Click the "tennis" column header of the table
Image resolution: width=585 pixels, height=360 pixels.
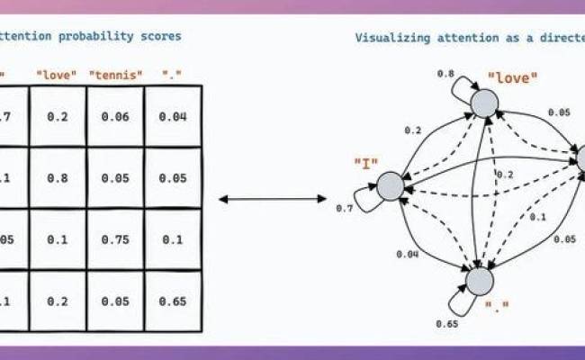(x=115, y=74)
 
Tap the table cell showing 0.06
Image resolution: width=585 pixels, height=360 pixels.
(x=115, y=117)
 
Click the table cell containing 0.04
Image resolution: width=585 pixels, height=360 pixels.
(x=173, y=117)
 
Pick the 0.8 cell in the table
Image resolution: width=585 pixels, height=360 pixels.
(x=58, y=178)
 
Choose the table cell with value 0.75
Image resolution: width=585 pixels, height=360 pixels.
(x=115, y=240)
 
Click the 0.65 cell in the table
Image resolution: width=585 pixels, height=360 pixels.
(x=173, y=301)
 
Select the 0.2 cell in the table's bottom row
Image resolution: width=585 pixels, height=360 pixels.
(x=58, y=301)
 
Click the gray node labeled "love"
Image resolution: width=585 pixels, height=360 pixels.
(x=484, y=103)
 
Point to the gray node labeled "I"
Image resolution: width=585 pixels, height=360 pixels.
(x=391, y=186)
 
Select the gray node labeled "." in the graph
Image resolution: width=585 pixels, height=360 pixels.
(x=478, y=281)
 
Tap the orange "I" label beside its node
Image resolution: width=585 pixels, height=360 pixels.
(x=366, y=163)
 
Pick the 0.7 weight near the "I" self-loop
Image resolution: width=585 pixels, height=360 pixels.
(x=344, y=209)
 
